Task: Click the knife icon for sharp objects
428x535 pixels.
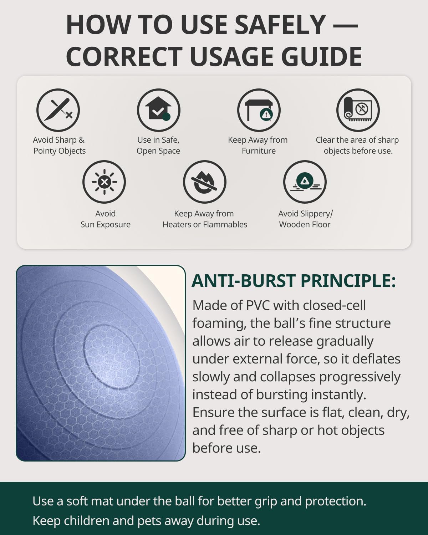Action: [x=58, y=110]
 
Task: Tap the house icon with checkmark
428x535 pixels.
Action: [x=158, y=110]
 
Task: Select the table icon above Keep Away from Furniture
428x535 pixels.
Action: [x=259, y=110]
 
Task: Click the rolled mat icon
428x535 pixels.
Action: [x=358, y=110]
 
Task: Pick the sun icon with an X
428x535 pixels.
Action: [x=104, y=182]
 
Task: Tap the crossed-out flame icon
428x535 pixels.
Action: [x=205, y=182]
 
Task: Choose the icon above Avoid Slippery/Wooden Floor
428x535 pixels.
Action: [x=305, y=182]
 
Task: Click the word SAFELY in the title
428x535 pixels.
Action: [x=280, y=25]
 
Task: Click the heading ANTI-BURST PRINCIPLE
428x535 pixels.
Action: [x=294, y=281]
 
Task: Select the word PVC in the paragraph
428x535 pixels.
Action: [x=258, y=305]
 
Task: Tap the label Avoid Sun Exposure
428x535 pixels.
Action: [x=106, y=219]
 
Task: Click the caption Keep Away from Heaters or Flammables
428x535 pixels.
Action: [x=205, y=219]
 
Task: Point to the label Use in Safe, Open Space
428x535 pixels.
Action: [x=158, y=146]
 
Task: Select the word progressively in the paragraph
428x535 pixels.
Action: [x=360, y=377]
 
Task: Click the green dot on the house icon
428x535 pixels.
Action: [x=166, y=117]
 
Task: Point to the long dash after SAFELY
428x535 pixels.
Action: [x=345, y=26]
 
